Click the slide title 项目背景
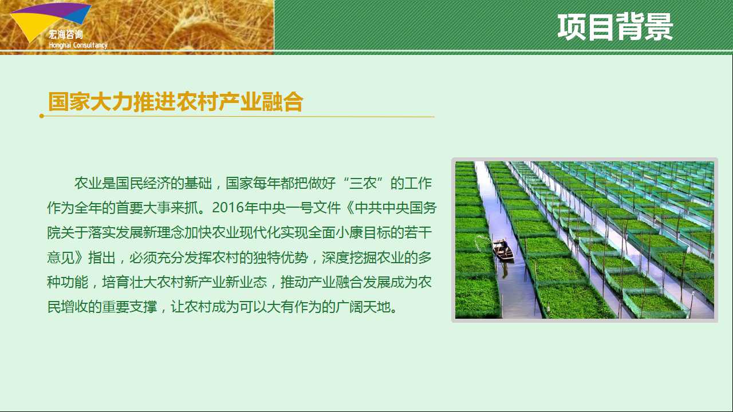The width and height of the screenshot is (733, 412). click(x=615, y=27)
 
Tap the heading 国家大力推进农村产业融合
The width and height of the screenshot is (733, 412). click(x=176, y=102)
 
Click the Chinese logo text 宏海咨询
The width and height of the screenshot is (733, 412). click(x=66, y=34)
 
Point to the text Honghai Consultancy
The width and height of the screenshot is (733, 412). click(x=78, y=45)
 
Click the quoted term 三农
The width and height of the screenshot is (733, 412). click(x=363, y=183)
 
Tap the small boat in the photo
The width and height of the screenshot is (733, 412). click(x=503, y=250)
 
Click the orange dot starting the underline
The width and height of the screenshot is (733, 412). click(x=42, y=116)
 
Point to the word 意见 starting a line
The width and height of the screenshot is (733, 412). click(x=61, y=257)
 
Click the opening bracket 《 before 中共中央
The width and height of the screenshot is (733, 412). click(x=349, y=208)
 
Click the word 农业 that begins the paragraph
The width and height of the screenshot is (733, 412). click(x=88, y=183)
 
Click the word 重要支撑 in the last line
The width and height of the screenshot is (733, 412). click(x=129, y=307)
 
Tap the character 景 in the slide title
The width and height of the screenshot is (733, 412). click(x=659, y=27)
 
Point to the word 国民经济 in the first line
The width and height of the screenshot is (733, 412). click(x=143, y=183)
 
